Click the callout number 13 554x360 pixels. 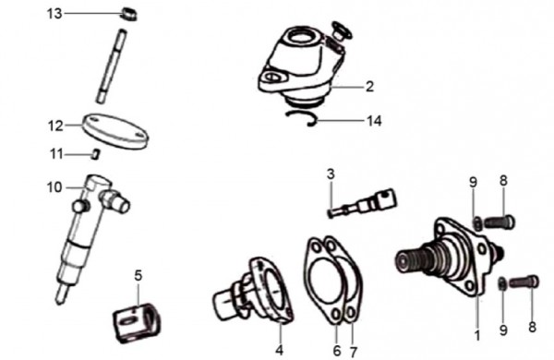[x=55, y=13]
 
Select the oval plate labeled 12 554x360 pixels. [x=115, y=128]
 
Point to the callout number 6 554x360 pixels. [x=337, y=352]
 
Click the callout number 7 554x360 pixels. [x=352, y=352]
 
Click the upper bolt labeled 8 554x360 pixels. [x=500, y=222]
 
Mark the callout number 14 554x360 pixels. [x=373, y=120]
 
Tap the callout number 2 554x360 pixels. [x=369, y=88]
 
